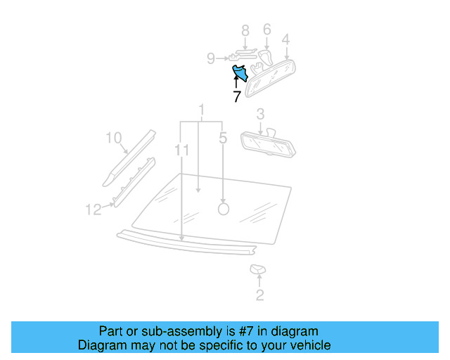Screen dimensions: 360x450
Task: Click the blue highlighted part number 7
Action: [240, 72]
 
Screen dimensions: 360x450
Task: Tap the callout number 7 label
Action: [237, 97]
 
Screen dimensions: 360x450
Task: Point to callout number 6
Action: [266, 30]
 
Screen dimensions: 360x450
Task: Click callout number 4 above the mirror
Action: [285, 39]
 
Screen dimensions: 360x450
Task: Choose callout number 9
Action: [210, 59]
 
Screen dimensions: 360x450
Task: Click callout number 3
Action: [260, 114]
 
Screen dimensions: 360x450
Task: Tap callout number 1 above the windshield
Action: [202, 110]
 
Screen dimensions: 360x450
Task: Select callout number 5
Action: [223, 139]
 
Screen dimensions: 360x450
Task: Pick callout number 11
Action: [182, 150]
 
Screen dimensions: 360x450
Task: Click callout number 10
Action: [114, 138]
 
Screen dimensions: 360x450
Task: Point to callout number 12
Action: [94, 209]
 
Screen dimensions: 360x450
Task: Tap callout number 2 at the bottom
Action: [259, 295]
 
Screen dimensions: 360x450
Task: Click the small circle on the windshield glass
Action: [224, 208]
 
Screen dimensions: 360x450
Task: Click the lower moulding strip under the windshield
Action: [186, 243]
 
